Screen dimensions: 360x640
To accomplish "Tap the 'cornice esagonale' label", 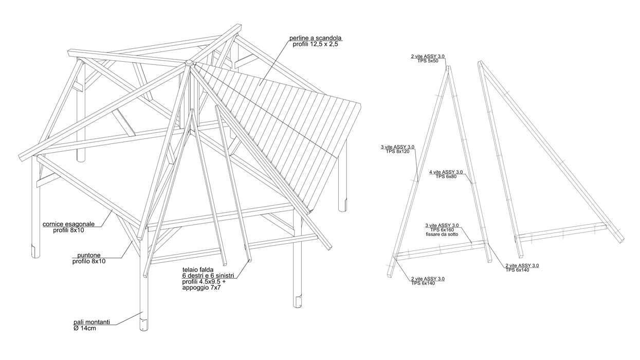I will click(69, 224).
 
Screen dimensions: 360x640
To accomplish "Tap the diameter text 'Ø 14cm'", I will click(85, 328).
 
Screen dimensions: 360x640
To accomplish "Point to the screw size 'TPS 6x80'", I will click(446, 176).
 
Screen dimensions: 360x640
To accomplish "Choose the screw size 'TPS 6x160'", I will click(442, 230).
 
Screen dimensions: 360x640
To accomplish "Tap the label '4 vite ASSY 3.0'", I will click(446, 172).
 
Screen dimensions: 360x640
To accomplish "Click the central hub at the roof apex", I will click(189, 63).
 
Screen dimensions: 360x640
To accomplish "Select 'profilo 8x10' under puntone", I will click(88, 261).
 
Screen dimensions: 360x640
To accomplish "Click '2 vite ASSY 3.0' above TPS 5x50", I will click(428, 56).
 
